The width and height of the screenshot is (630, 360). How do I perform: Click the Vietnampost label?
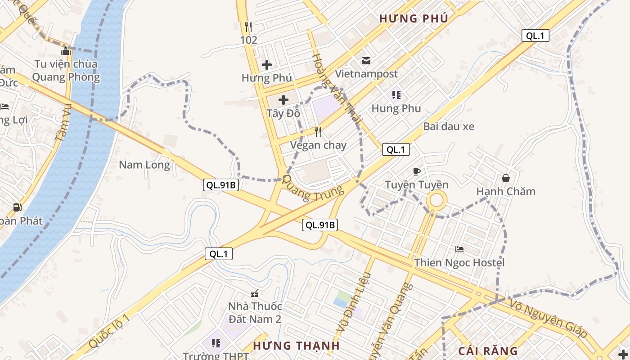click(x=366, y=73)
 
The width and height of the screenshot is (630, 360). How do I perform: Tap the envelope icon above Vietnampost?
click(x=366, y=60)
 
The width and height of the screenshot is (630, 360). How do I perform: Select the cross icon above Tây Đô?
click(x=283, y=99)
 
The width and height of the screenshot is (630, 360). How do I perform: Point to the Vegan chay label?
click(x=318, y=145)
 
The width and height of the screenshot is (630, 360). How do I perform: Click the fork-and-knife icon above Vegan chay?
click(x=318, y=131)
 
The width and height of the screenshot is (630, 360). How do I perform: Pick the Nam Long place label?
click(x=144, y=165)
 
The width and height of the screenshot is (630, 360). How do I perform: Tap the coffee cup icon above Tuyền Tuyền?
click(x=417, y=171)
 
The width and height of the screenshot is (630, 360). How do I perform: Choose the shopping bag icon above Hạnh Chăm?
click(x=506, y=178)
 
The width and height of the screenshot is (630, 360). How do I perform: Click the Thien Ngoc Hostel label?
click(x=459, y=262)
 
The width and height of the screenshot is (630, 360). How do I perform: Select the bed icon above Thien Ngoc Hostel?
click(x=459, y=249)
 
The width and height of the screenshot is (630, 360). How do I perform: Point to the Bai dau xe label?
click(x=449, y=126)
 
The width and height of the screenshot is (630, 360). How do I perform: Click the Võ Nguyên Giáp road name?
click(x=549, y=319)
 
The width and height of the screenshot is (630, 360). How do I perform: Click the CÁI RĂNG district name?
click(x=488, y=351)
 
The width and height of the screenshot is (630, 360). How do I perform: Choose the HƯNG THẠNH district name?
click(x=296, y=346)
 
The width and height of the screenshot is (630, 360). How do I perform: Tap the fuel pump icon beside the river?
click(x=17, y=207)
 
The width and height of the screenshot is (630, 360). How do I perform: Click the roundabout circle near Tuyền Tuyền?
click(x=436, y=200)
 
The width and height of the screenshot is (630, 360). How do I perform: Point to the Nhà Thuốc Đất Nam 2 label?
click(x=255, y=312)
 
